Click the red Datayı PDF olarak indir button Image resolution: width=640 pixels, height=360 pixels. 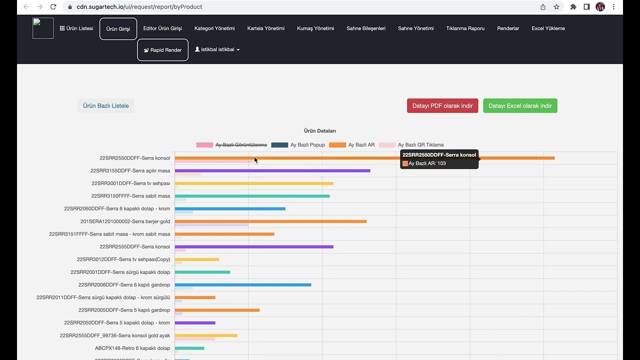coord(442,105)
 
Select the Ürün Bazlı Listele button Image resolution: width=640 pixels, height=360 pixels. coord(105,105)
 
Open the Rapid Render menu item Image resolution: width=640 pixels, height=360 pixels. coord(162,50)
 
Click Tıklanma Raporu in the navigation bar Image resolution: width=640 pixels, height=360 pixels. coord(465,28)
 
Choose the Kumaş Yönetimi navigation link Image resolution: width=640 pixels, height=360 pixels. coord(315,28)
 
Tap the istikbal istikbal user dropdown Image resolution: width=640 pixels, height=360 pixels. coord(217,49)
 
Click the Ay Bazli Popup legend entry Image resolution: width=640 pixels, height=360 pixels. coord(298,145)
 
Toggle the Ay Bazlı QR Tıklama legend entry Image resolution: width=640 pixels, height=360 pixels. coord(411,145)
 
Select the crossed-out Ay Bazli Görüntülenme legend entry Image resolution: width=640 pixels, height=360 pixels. coord(231,145)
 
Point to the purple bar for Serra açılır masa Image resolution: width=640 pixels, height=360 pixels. coord(272,171)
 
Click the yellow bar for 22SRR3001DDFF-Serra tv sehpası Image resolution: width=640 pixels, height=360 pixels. coord(254,183)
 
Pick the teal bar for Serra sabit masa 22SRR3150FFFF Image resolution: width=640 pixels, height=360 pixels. coord(252,196)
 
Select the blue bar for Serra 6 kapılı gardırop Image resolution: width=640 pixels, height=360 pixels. coord(243,285)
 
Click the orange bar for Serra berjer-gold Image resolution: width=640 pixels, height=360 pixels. coord(270,221)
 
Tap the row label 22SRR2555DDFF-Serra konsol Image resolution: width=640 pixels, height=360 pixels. coord(134,246)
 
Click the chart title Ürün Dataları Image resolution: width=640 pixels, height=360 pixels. coord(319,131)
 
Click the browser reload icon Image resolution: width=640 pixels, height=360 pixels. coord(53,7)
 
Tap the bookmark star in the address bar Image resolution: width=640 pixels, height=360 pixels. coord(556,7)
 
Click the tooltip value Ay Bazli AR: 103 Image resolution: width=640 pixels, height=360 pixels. coord(424,163)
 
